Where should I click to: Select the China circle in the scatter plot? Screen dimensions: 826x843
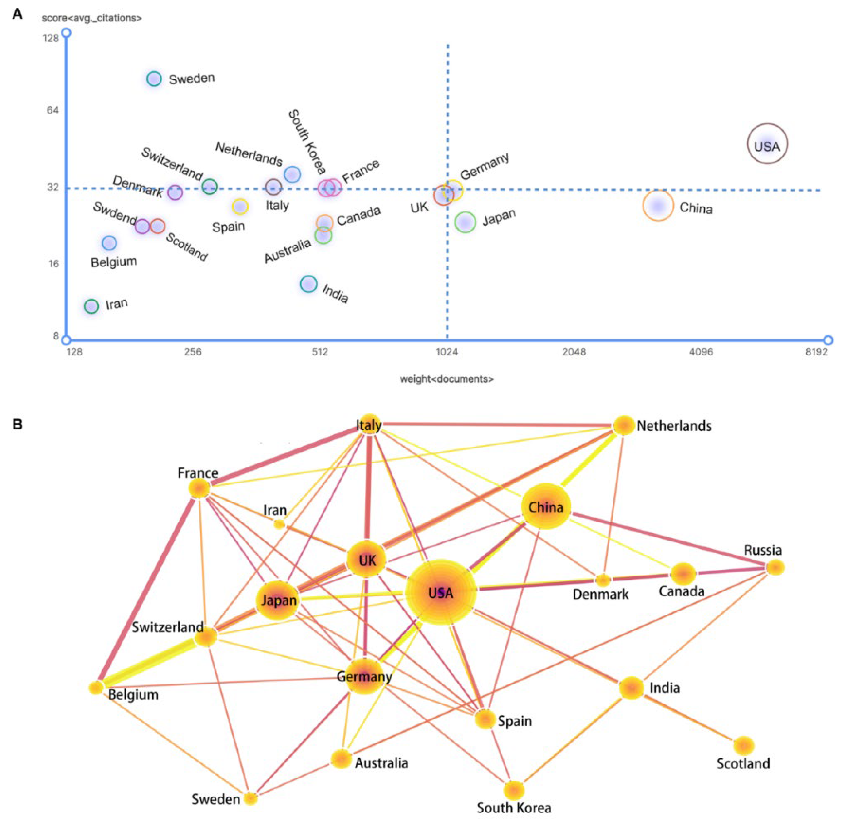click(658, 206)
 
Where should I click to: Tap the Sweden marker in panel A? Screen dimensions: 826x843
click(154, 79)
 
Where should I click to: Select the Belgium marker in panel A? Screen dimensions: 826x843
click(109, 243)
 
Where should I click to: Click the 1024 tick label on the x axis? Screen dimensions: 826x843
click(447, 352)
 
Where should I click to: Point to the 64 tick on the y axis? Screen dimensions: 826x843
click(53, 110)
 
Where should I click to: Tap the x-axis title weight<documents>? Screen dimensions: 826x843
click(447, 379)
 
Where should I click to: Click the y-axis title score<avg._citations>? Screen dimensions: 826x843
click(91, 18)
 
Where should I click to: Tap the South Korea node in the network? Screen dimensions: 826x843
click(514, 790)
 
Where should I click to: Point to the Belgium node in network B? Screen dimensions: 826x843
click(96, 688)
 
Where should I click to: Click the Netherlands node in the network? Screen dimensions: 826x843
click(624, 425)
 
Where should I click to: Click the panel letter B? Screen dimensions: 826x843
click(17, 424)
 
